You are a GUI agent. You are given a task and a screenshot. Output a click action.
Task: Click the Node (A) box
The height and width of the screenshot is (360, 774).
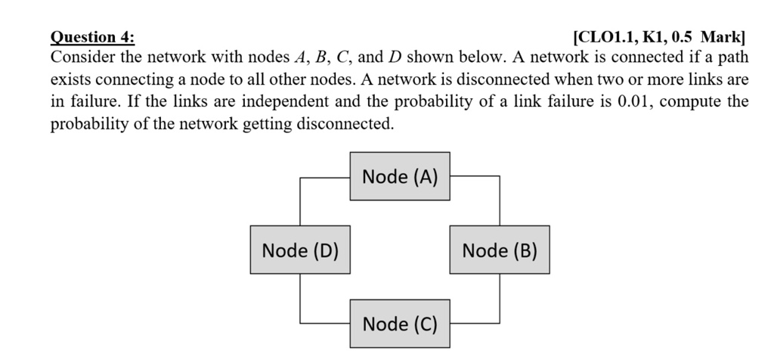pyautogui.click(x=400, y=177)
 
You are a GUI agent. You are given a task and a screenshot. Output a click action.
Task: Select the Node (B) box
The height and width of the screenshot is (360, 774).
pyautogui.click(x=500, y=250)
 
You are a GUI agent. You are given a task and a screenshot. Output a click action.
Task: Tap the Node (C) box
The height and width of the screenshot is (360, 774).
pyautogui.click(x=400, y=324)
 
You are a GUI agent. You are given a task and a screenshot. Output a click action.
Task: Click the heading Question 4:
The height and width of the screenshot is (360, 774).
pyautogui.click(x=93, y=37)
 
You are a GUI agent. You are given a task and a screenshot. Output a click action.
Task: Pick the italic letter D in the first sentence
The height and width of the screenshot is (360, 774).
pyautogui.click(x=395, y=58)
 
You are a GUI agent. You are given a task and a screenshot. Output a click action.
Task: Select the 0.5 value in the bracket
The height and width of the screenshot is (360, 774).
pyautogui.click(x=683, y=37)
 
